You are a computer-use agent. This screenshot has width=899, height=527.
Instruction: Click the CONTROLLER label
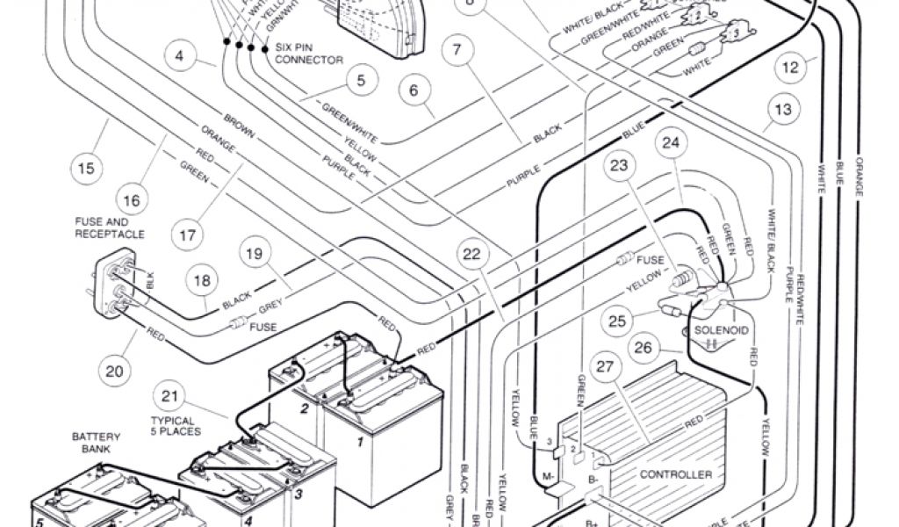(x=675, y=474)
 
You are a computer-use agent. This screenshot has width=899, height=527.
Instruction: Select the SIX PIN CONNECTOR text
(x=309, y=54)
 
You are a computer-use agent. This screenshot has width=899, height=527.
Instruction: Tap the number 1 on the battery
(x=359, y=442)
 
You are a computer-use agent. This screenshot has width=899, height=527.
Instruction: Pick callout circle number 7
(x=456, y=51)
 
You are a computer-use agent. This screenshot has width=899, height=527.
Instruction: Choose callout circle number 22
(x=472, y=256)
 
